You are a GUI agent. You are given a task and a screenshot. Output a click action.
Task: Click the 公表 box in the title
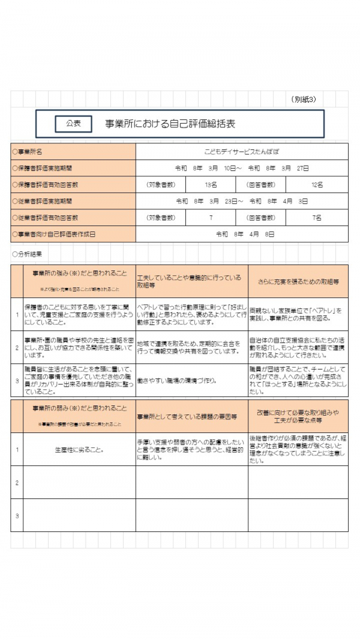[73, 123]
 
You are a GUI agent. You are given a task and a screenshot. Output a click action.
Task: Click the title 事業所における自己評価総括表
[170, 124]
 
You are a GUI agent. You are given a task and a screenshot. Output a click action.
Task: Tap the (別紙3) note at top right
[304, 99]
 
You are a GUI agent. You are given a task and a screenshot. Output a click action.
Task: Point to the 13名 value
[211, 185]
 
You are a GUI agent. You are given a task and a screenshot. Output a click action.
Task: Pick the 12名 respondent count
[317, 185]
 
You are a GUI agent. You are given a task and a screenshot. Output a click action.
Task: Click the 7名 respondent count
[317, 218]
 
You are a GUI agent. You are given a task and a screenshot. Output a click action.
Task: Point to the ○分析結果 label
[27, 254]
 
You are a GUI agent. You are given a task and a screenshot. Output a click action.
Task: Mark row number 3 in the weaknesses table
[17, 515]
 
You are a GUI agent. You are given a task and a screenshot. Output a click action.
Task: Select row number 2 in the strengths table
[17, 347]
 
